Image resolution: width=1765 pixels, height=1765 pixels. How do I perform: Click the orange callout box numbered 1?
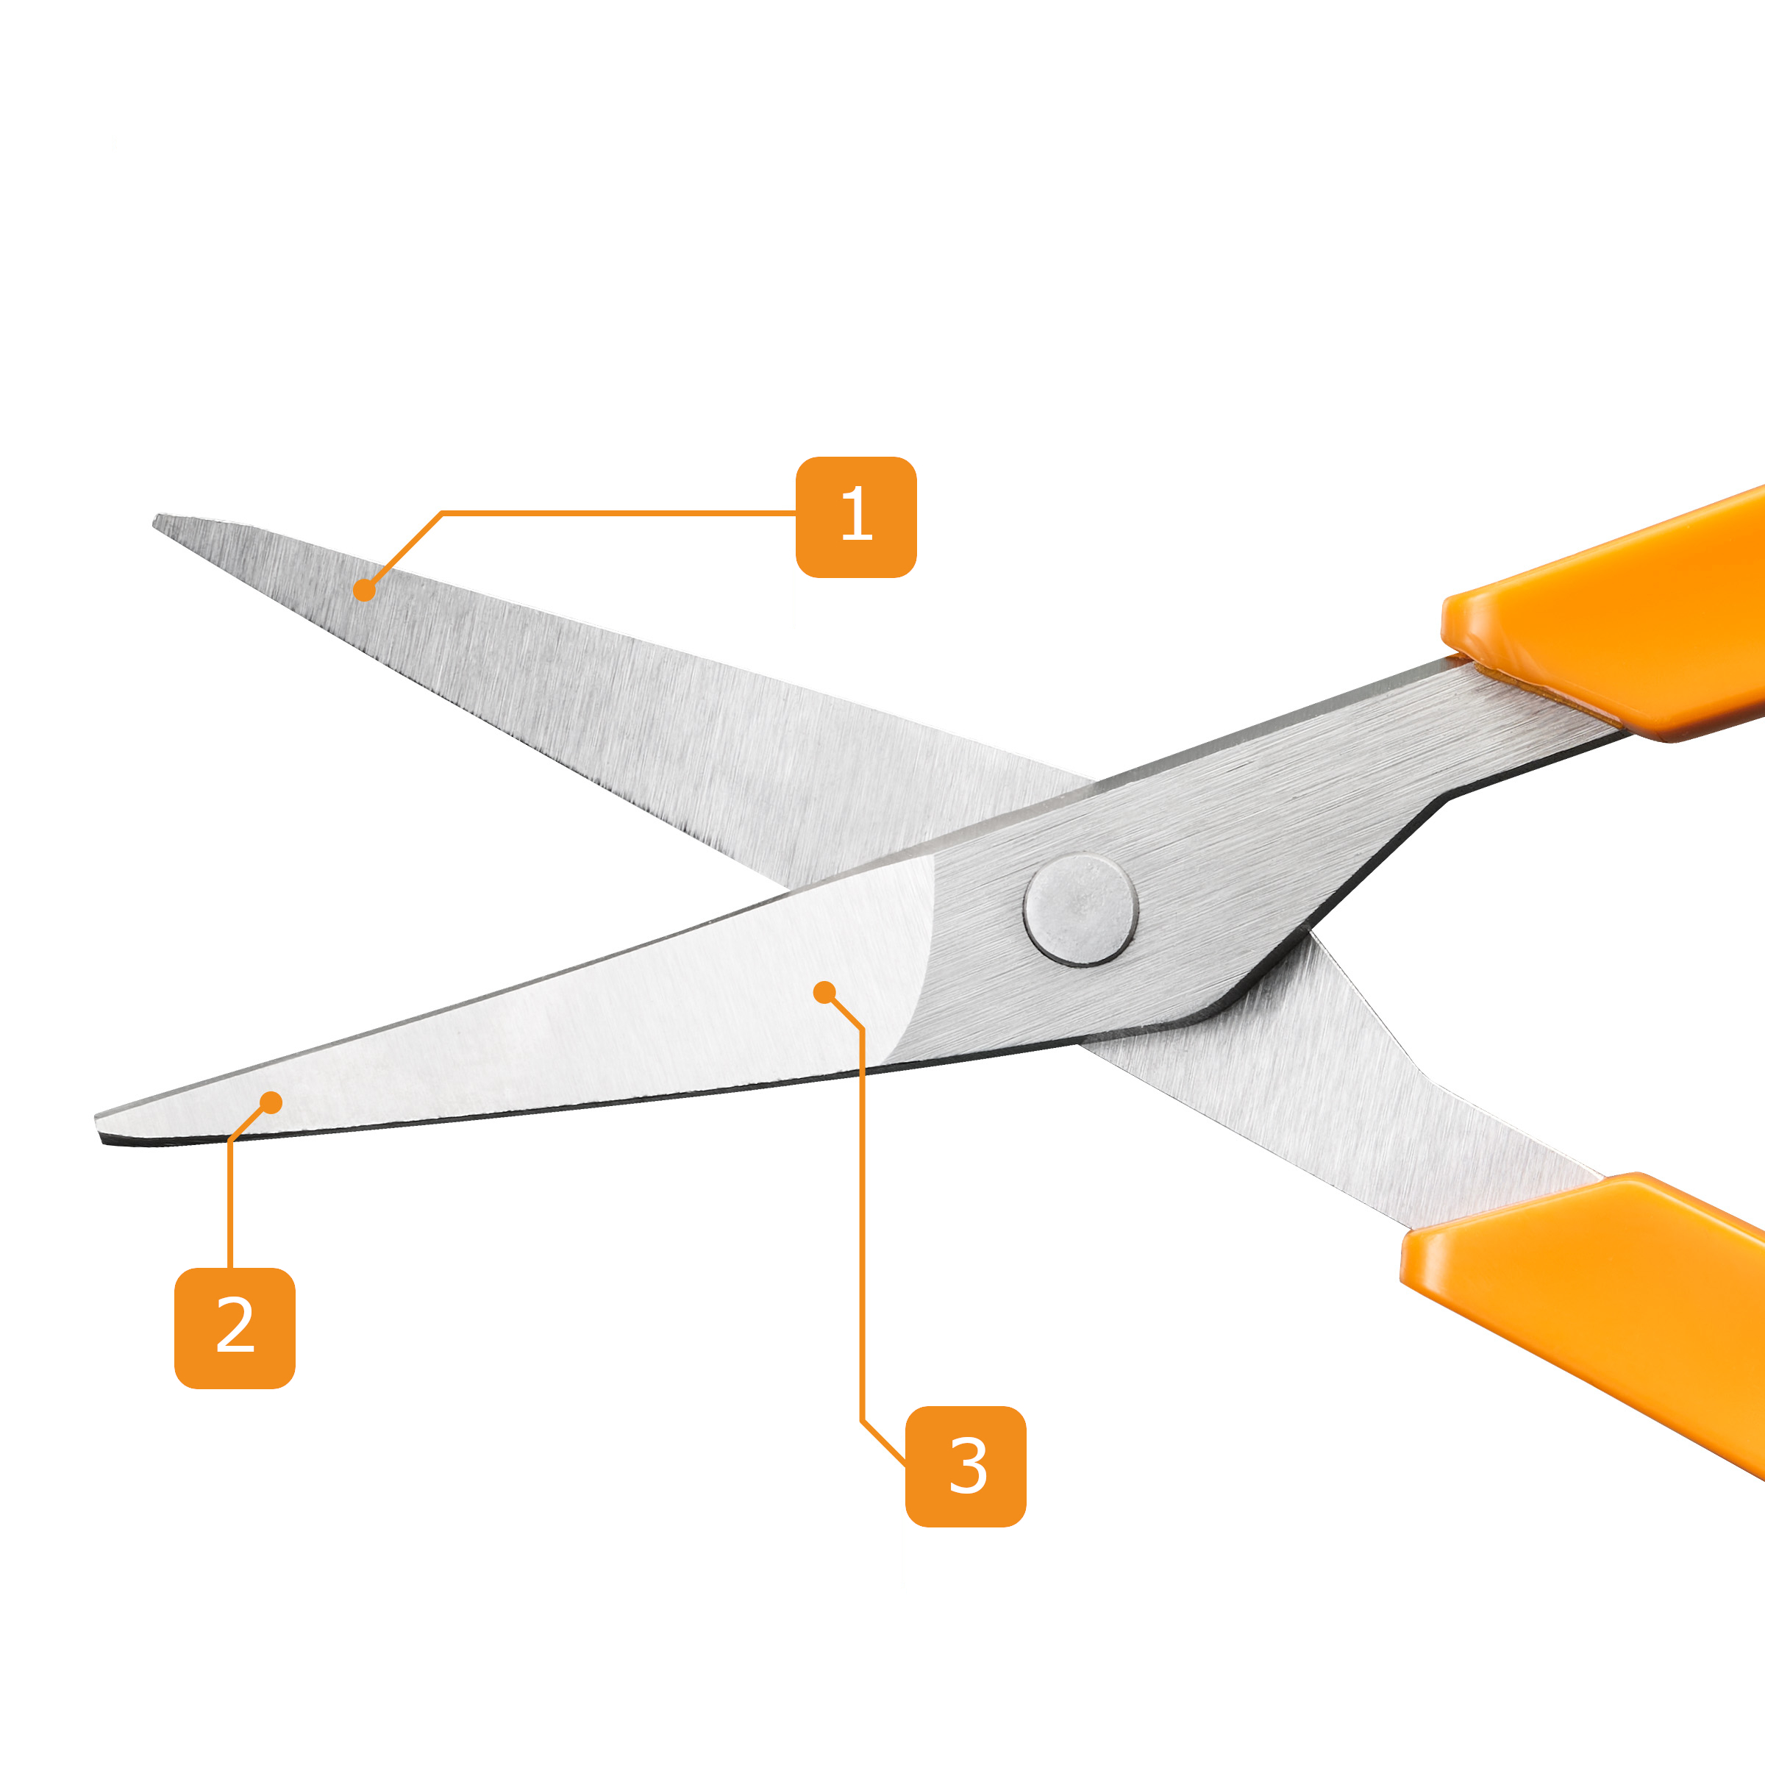tap(856, 517)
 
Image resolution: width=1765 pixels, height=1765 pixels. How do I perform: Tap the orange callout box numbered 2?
tap(235, 1328)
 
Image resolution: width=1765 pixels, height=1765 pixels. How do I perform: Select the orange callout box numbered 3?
tap(966, 1466)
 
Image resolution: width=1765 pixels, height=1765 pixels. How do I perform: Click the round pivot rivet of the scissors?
tap(1081, 910)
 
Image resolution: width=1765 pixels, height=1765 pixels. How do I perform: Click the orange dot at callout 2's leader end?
tap(271, 1102)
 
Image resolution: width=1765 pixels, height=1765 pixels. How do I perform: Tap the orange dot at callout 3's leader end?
tap(824, 992)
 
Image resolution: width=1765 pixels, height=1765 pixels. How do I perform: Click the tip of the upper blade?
tap(155, 520)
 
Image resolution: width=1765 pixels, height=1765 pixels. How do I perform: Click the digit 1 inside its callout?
tap(857, 513)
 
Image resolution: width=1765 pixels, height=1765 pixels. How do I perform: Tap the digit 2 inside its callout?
tap(235, 1324)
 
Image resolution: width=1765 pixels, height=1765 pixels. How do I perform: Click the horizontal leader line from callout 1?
tap(619, 513)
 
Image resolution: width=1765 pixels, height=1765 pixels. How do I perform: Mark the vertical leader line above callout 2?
tap(229, 1204)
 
